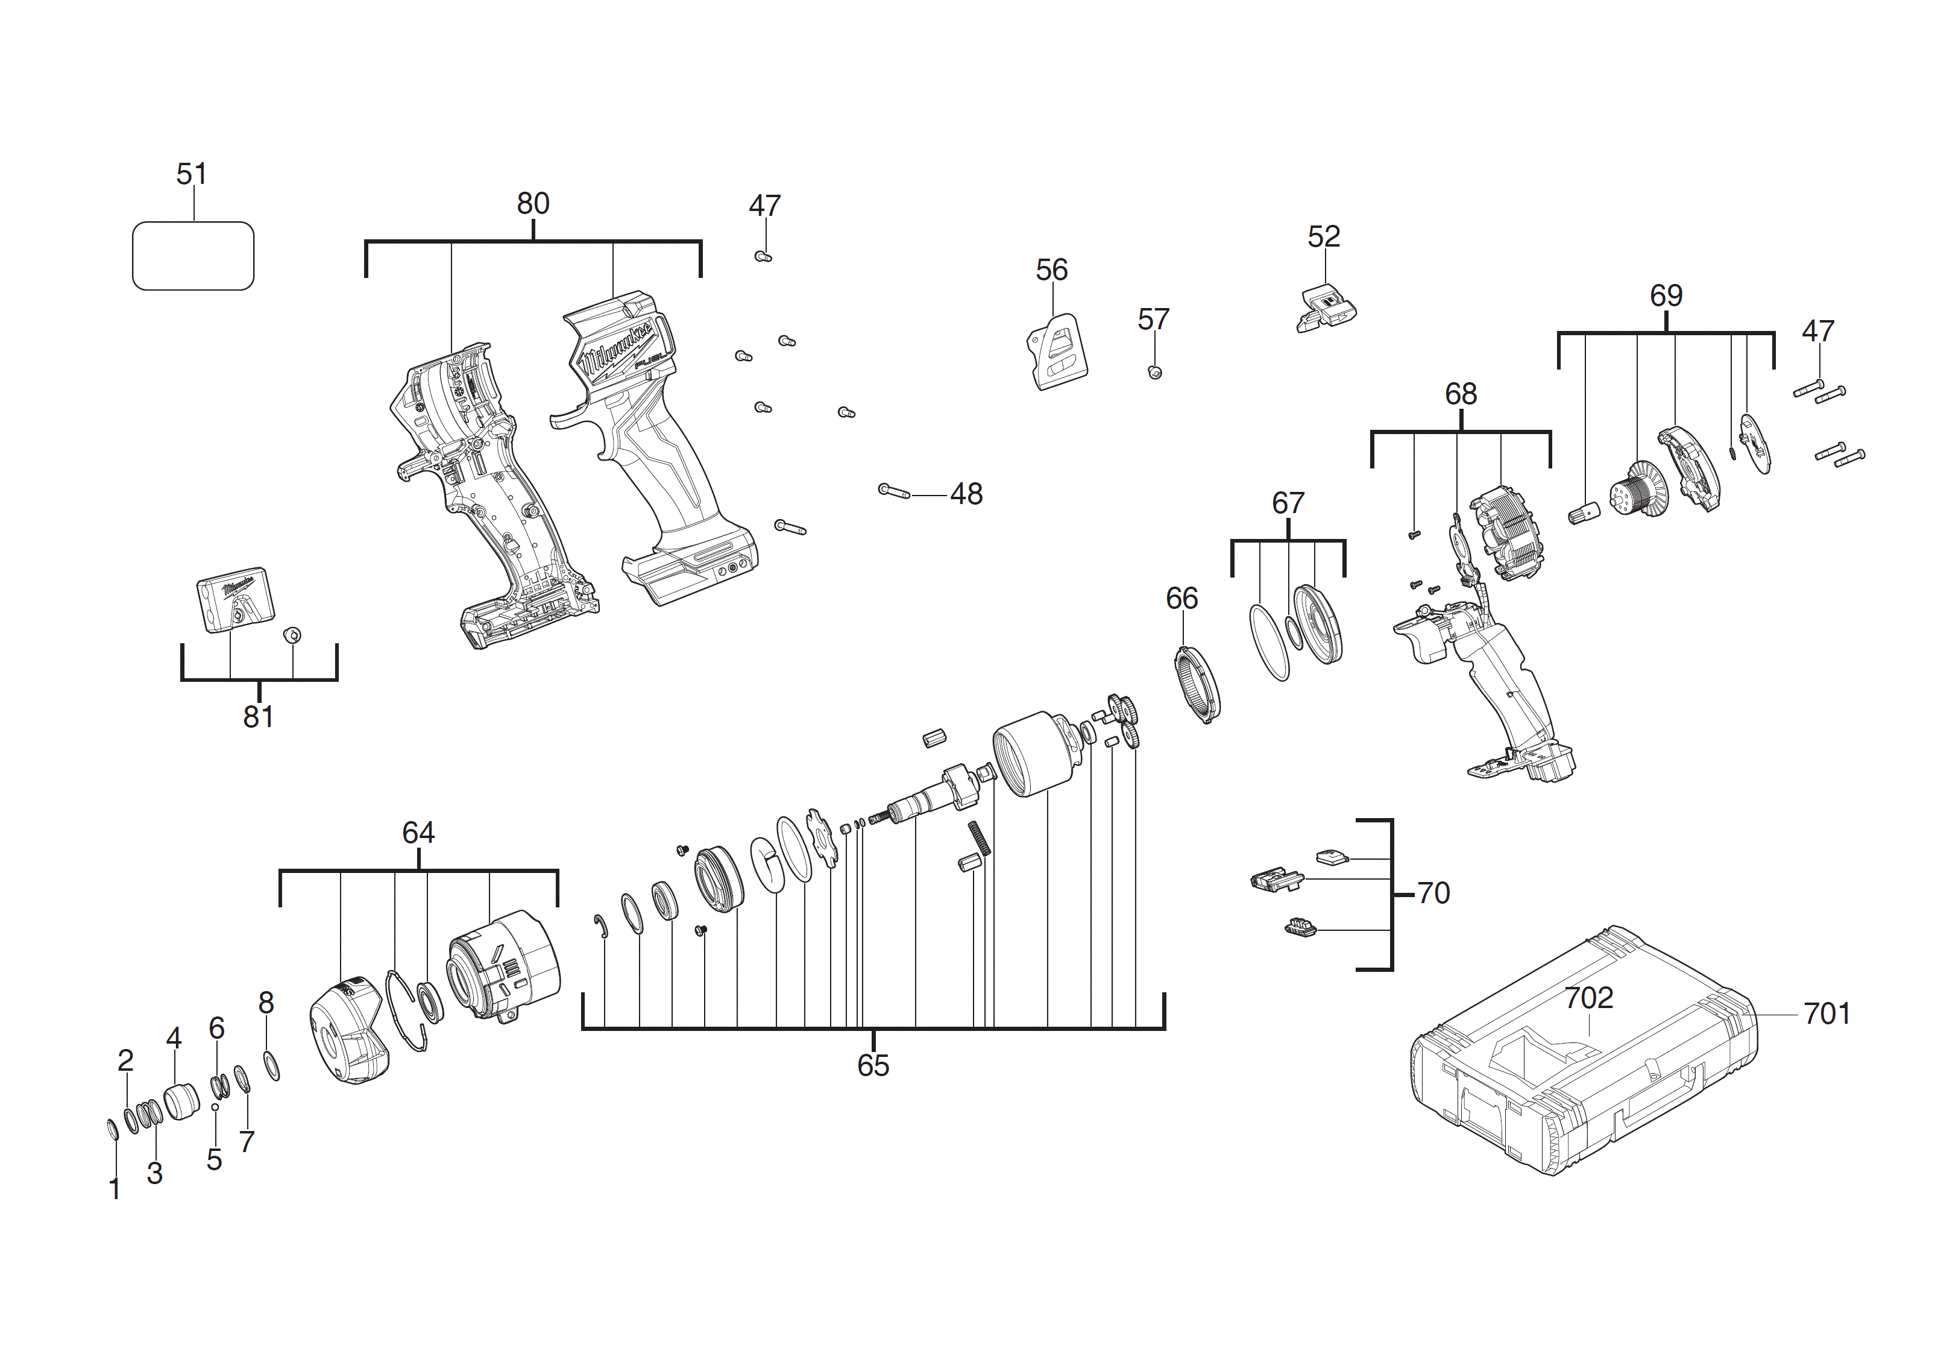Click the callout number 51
tap(192, 174)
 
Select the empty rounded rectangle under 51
tap(193, 256)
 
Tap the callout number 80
tap(533, 203)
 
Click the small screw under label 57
tap(1156, 373)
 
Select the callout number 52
tap(1324, 236)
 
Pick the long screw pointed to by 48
tap(894, 491)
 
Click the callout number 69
tap(1666, 295)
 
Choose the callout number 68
tap(1461, 394)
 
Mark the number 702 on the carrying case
tap(1588, 998)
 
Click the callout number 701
tap(1828, 1013)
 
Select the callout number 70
tap(1433, 893)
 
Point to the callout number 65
tap(873, 1065)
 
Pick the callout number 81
tap(258, 717)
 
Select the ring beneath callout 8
tap(272, 1067)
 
